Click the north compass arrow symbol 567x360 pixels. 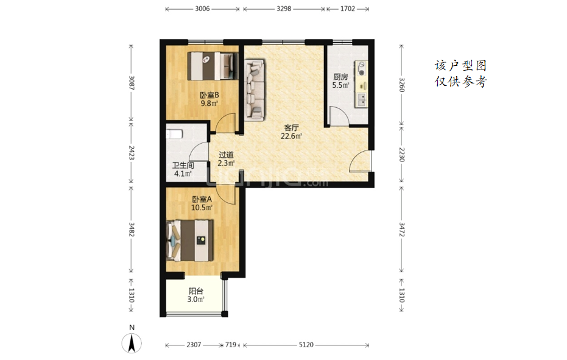pyautogui.click(x=132, y=343)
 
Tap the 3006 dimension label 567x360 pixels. pyautogui.click(x=202, y=9)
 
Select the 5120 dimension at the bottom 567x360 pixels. pyautogui.click(x=306, y=345)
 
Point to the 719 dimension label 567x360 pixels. pyautogui.click(x=231, y=345)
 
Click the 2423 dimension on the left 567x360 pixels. pyautogui.click(x=132, y=153)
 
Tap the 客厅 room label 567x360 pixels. pyautogui.click(x=291, y=128)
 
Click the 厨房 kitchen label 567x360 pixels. pyautogui.click(x=340, y=77)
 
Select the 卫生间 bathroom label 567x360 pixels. pyautogui.click(x=183, y=166)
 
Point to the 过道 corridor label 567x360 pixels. pyautogui.click(x=226, y=155)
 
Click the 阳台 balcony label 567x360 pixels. pyautogui.click(x=195, y=291)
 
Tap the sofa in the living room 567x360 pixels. pyautogui.click(x=255, y=90)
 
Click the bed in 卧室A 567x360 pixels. pyautogui.click(x=189, y=240)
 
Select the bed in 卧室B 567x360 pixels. pyautogui.click(x=213, y=66)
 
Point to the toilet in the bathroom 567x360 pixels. pyautogui.click(x=174, y=134)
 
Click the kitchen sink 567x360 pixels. pyautogui.click(x=361, y=100)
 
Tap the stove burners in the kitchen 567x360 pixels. pyautogui.click(x=361, y=69)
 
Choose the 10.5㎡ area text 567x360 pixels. pyautogui.click(x=202, y=208)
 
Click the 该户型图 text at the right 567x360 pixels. pyautogui.click(x=460, y=66)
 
